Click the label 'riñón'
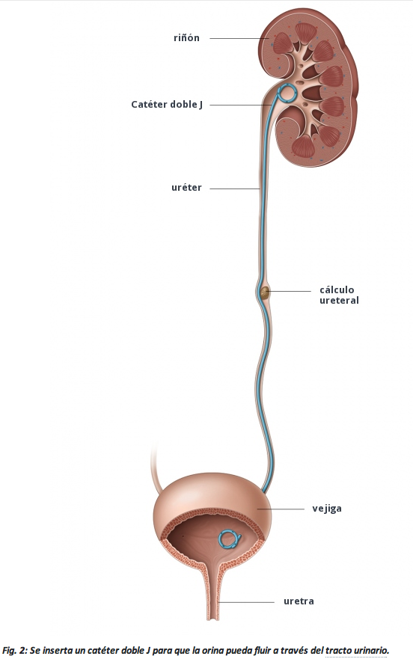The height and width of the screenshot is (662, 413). (x=186, y=38)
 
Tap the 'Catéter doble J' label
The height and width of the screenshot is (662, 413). (x=167, y=104)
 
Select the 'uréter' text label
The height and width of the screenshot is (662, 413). (x=186, y=188)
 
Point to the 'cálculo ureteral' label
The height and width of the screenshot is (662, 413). (x=339, y=295)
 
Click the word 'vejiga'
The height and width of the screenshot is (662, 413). (x=327, y=509)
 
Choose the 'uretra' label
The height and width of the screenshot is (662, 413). (x=299, y=601)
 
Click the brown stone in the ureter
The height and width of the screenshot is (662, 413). (x=265, y=292)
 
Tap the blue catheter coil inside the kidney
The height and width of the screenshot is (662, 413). (x=287, y=94)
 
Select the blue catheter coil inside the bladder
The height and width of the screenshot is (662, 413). (x=230, y=539)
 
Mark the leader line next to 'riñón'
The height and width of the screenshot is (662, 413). (x=240, y=38)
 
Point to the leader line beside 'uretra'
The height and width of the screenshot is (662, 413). (x=245, y=601)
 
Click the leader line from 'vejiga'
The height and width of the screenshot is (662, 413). (x=281, y=509)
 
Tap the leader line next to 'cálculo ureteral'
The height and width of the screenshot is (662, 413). (x=290, y=291)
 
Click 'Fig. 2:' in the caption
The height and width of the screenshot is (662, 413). (x=14, y=650)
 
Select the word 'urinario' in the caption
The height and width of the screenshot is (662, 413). (x=372, y=650)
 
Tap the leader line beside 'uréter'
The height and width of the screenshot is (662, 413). (x=235, y=189)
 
